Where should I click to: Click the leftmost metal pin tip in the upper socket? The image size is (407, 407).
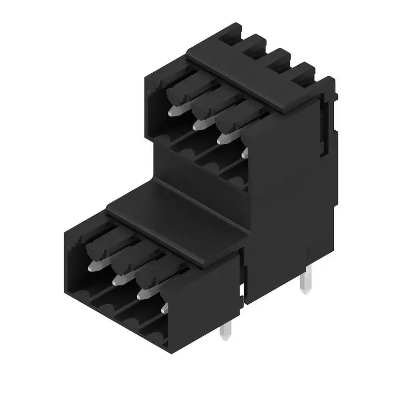[x=173, y=110]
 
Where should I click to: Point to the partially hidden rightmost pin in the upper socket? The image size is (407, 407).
[x=245, y=152]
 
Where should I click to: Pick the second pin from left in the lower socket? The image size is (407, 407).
[x=118, y=279]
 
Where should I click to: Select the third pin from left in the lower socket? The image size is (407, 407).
[x=142, y=293]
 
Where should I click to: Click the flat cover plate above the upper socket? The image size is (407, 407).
[x=254, y=76]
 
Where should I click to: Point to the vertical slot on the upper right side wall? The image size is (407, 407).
[x=325, y=127]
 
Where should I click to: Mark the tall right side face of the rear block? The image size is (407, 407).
[x=290, y=203]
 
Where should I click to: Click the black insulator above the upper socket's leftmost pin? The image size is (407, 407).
[x=178, y=92]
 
